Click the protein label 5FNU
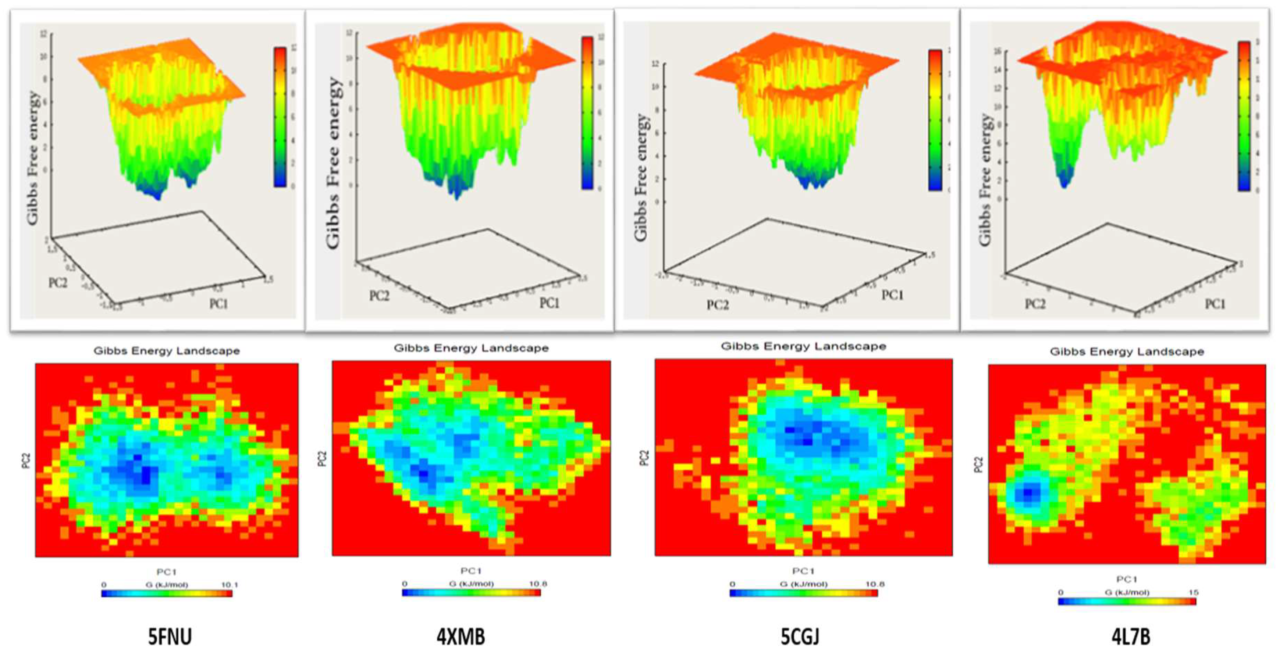point(170,636)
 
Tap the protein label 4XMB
point(461,636)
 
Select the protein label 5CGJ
point(800,636)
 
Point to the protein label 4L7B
point(1131,636)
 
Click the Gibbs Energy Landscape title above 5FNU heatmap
point(167,351)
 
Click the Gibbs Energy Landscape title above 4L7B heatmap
point(1127,352)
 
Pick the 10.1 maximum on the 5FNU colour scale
point(229,585)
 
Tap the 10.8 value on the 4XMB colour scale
point(538,584)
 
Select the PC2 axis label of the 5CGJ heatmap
point(644,457)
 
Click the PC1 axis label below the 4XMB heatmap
point(470,571)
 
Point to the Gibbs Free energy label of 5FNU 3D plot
point(32,157)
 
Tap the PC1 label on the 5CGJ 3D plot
point(892,295)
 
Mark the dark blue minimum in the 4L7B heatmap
point(1027,493)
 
